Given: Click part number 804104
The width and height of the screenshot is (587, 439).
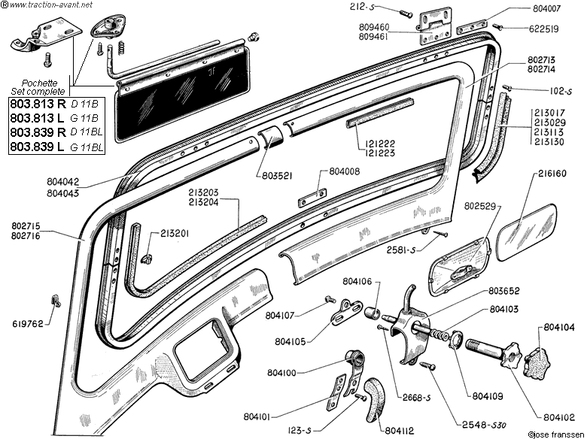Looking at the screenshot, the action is (x=559, y=328).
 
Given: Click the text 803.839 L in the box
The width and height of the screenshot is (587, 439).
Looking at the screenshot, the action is (x=38, y=147).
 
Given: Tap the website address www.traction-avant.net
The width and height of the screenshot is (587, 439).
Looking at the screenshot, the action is (x=49, y=5).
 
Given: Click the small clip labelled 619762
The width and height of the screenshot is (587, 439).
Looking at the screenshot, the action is (x=56, y=301).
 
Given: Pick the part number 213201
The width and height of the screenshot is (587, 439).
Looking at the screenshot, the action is (x=175, y=234).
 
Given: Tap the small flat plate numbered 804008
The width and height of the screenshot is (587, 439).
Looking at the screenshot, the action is (x=313, y=198).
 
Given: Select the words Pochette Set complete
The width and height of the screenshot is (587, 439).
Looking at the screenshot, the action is (x=38, y=87).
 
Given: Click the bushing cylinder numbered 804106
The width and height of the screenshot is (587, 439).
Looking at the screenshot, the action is (x=372, y=312).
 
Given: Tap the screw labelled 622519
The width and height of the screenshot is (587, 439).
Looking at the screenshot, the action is (x=497, y=26).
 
